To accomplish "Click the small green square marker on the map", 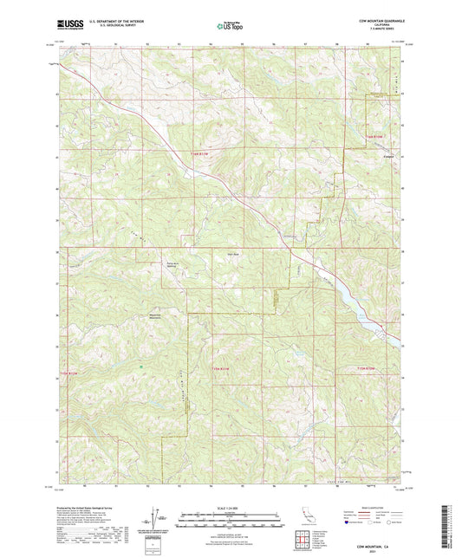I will coord(140,366).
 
